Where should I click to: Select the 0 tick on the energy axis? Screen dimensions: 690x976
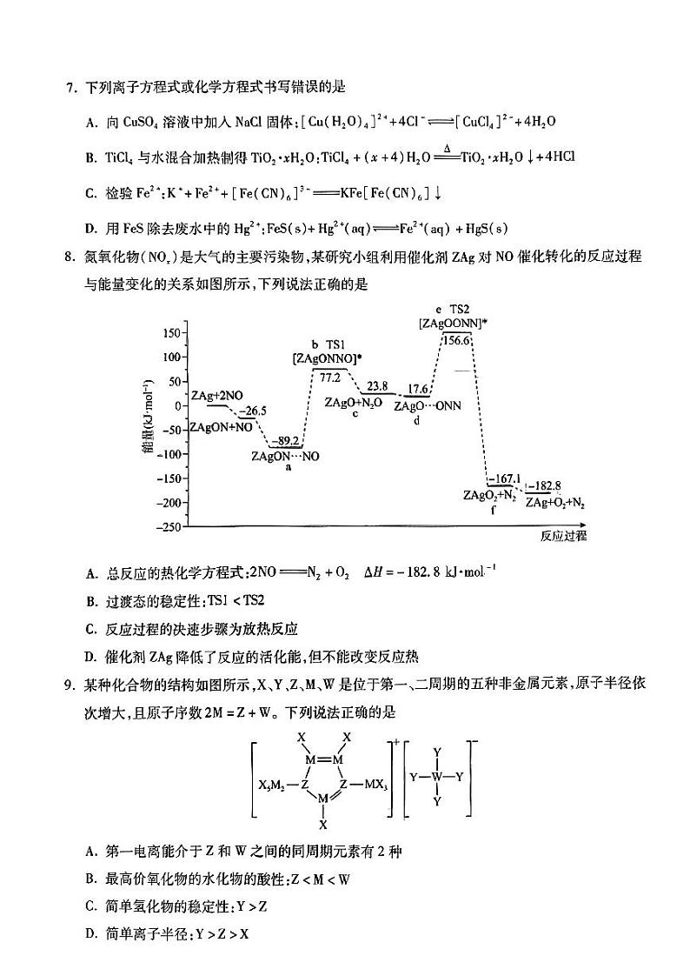tap(178, 406)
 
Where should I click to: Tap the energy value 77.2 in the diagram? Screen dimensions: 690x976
tap(329, 378)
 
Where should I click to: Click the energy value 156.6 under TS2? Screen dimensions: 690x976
tap(457, 341)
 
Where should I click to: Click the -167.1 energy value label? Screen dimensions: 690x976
tap(504, 479)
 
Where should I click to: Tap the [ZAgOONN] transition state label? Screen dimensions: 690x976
tap(452, 323)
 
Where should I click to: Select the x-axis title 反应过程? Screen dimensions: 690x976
tap(562, 536)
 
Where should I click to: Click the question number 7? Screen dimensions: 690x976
tap(69, 87)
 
